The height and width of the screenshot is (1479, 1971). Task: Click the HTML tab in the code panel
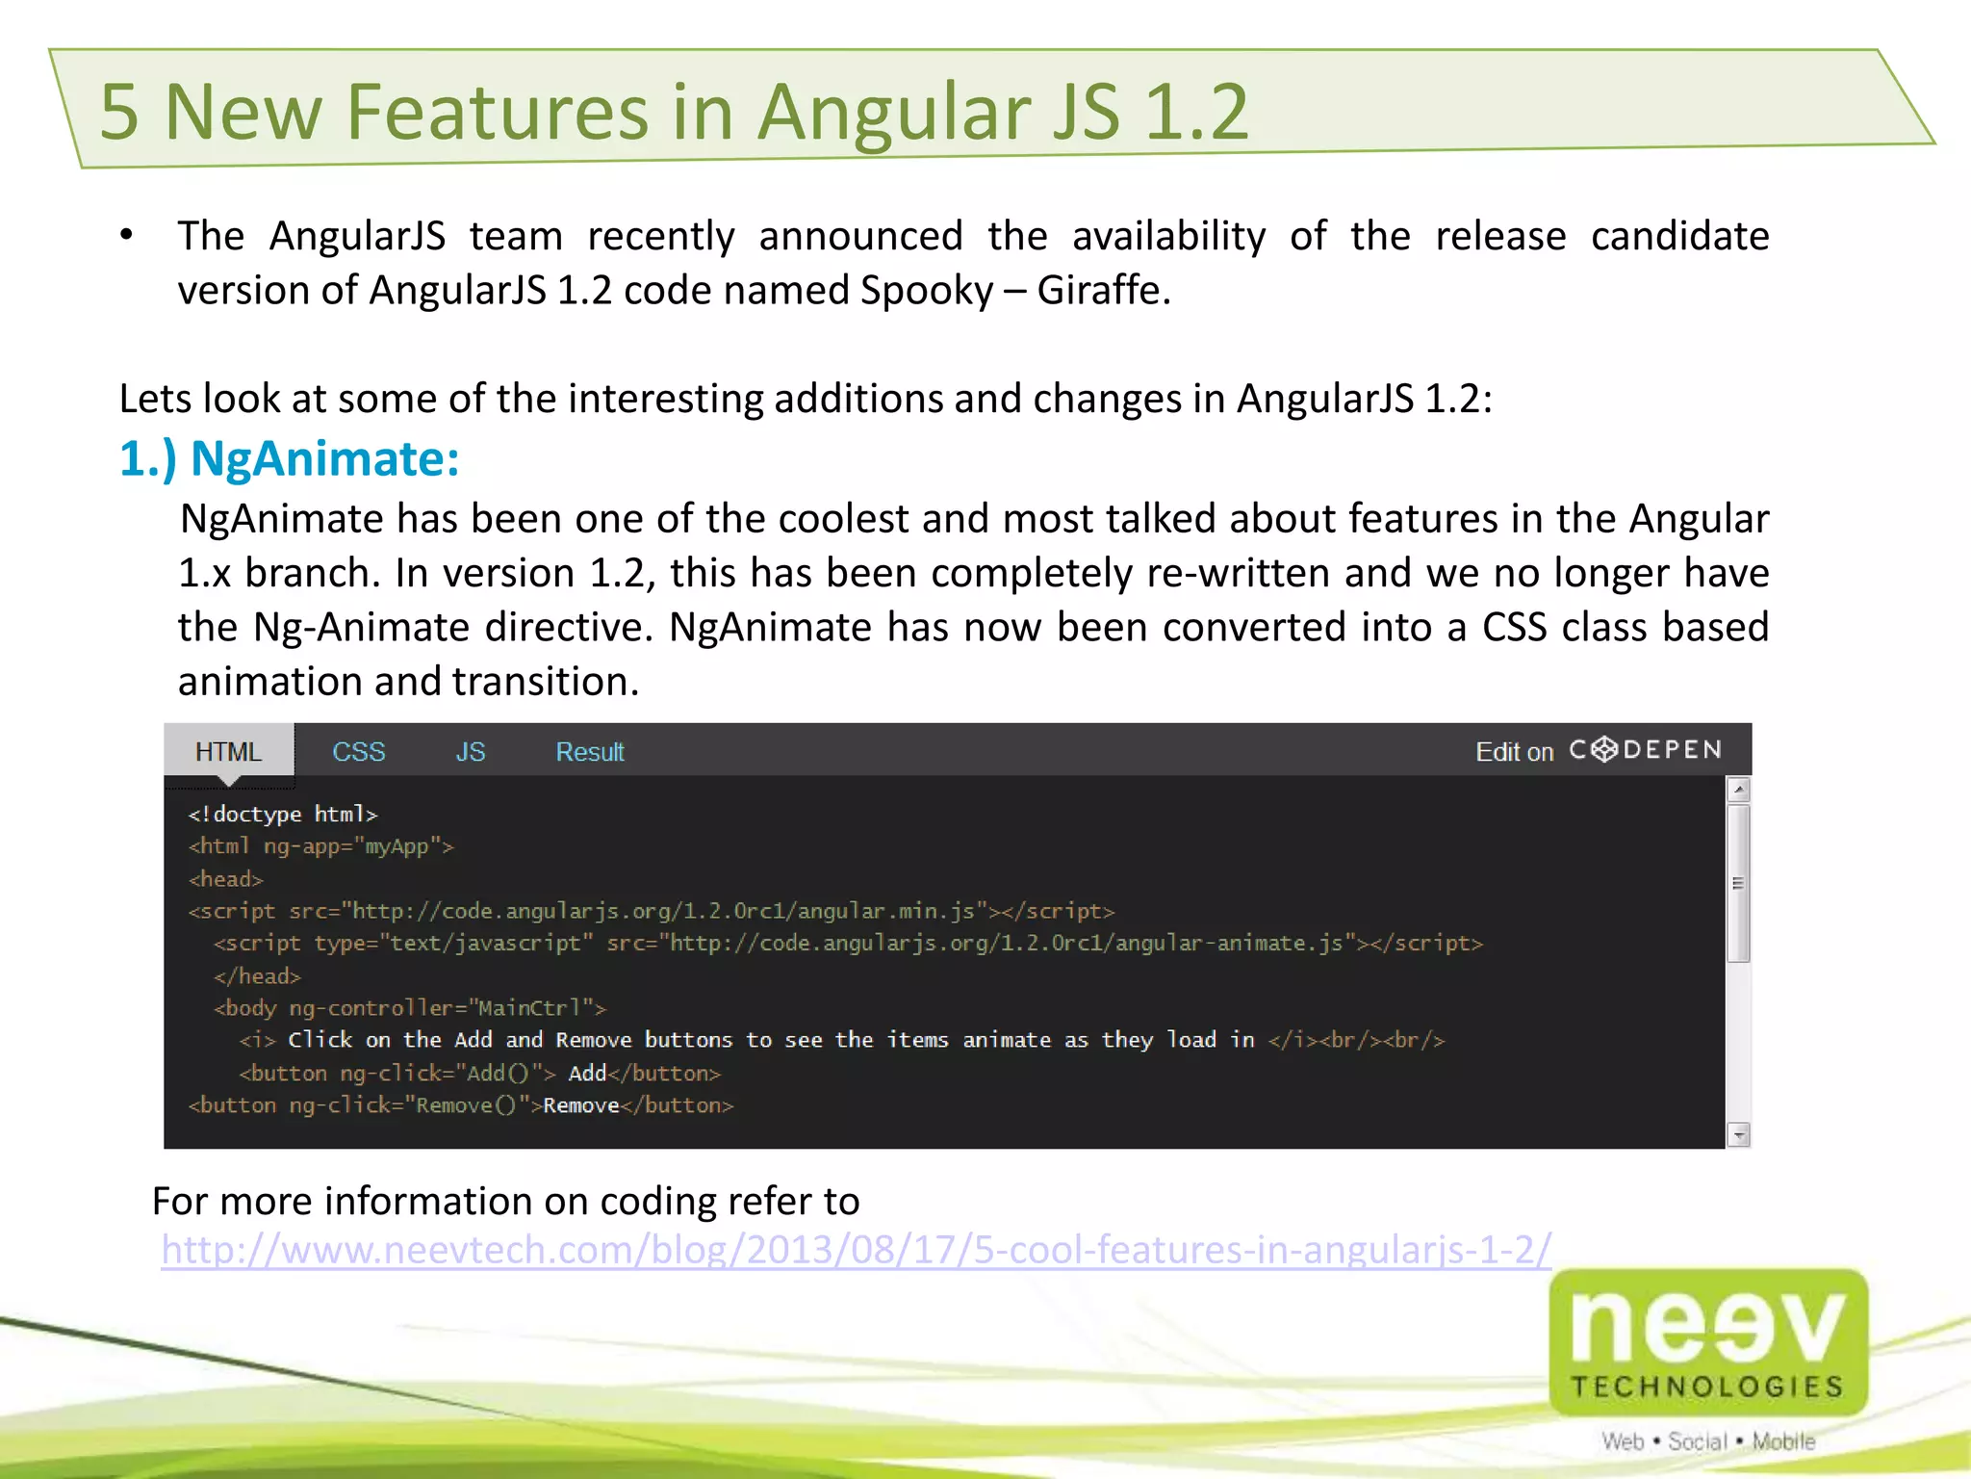(228, 751)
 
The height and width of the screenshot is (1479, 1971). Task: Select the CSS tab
(358, 751)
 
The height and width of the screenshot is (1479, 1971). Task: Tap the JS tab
(470, 751)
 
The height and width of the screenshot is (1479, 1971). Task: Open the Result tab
(590, 751)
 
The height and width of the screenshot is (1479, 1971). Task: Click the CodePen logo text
(1646, 750)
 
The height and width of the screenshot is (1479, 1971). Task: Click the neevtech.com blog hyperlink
(856, 1249)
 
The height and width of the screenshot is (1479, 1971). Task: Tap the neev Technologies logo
(1708, 1343)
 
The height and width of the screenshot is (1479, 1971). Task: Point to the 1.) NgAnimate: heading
(290, 458)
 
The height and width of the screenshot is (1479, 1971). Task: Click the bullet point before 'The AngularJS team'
(127, 236)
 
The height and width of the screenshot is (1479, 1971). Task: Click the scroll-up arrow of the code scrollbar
(1738, 791)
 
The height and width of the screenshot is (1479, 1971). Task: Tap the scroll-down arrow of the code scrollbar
(1738, 1135)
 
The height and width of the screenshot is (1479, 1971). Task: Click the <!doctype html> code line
(283, 815)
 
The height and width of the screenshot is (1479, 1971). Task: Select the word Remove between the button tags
(581, 1105)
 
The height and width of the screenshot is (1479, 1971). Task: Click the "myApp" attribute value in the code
(397, 846)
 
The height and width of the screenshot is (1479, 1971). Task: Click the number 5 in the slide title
(119, 112)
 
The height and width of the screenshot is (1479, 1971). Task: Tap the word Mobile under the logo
(1783, 1441)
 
